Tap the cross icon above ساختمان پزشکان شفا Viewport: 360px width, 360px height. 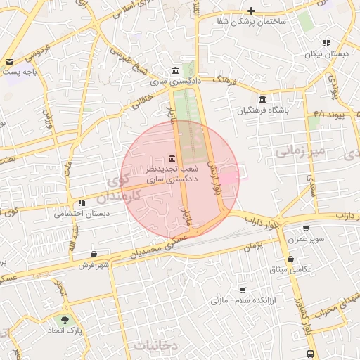point(252,11)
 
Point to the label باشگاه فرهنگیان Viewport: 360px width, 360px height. point(262,110)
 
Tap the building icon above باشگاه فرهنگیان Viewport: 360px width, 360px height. point(263,98)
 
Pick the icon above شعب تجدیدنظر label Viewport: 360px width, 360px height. point(172,159)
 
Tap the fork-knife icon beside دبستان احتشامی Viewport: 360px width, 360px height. point(82,202)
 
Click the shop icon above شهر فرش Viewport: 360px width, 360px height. point(94,254)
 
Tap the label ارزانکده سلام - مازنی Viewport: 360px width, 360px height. point(238,300)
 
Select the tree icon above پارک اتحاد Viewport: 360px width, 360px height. point(65,319)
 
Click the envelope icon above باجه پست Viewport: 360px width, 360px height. point(9,61)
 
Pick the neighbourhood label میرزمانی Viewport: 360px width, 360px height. point(300,150)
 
